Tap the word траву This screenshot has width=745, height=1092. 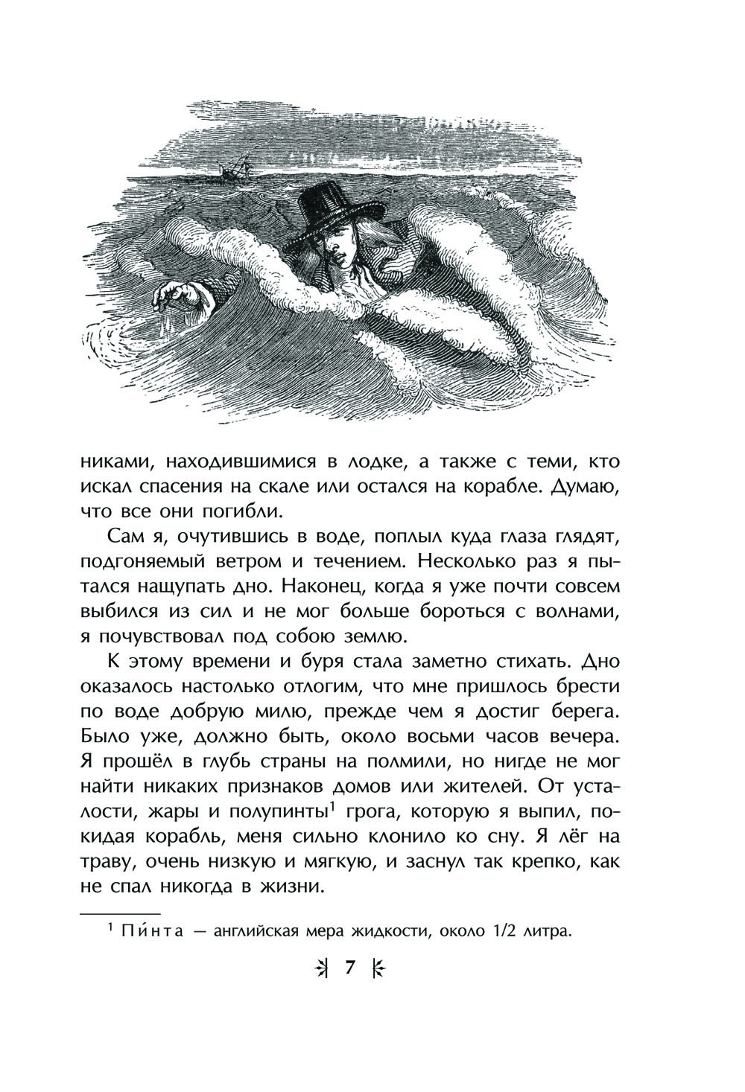pyautogui.click(x=107, y=860)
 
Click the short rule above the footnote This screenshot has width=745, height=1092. pyautogui.click(x=119, y=912)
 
